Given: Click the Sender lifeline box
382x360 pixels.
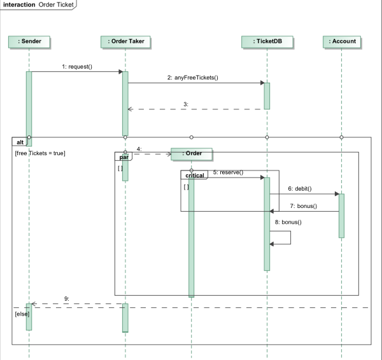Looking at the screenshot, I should pyautogui.click(x=29, y=42).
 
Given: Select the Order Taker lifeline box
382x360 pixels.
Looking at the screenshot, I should pyautogui.click(x=125, y=42).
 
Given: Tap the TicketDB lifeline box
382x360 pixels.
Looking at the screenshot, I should pyautogui.click(x=267, y=42).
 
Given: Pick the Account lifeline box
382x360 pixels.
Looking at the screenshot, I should pyautogui.click(x=342, y=42).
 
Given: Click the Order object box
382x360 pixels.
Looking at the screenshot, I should pyautogui.click(x=191, y=153).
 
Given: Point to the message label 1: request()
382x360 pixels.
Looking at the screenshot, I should pyautogui.click(x=77, y=66).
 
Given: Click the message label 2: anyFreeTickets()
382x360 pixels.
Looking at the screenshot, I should pyautogui.click(x=192, y=78).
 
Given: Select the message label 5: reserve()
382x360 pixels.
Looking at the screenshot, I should pyautogui.click(x=228, y=172).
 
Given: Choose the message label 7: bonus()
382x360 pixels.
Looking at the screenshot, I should pyautogui.click(x=303, y=206).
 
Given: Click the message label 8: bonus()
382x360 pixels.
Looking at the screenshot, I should pyautogui.click(x=288, y=222).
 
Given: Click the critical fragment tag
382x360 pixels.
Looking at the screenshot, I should pyautogui.click(x=194, y=174).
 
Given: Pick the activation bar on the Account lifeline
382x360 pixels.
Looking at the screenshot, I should pyautogui.click(x=342, y=215).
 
